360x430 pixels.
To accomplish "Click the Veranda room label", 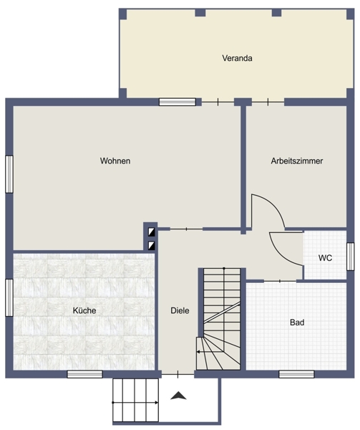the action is pos(237,58).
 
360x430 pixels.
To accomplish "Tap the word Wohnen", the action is pos(115,161).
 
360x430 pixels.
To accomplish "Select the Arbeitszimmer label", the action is pos(297,161).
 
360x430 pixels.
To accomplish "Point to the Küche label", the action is pos(84,310).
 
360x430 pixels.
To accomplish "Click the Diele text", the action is pos(180,310).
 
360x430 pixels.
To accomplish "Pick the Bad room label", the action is pos(297,322).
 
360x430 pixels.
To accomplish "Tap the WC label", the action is pos(325,258).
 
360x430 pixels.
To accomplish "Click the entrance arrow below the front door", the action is pos(178,396).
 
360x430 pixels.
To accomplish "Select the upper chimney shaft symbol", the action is pos(152,232).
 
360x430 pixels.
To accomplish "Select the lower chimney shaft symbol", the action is pos(152,245).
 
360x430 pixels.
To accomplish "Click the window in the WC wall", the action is pos(350,257).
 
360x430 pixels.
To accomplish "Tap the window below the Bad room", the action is pos(296,374).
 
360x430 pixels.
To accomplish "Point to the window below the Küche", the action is pos(85,374).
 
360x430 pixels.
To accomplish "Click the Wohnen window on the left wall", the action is pos(9,174).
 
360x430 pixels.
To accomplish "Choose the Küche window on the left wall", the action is pos(9,297).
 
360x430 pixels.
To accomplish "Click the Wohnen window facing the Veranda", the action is pos(177,102).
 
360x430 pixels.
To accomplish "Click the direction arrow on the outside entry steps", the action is pos(135,403).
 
